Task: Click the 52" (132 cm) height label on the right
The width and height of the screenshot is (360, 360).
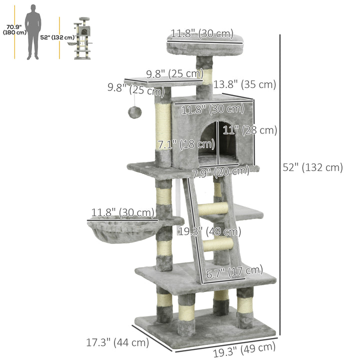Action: [313, 167]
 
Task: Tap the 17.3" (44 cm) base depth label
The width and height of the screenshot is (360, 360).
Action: [117, 342]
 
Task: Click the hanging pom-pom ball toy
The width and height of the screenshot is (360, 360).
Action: [134, 112]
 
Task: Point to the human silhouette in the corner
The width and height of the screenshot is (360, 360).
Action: [33, 31]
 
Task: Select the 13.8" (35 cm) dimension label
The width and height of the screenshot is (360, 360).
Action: [245, 84]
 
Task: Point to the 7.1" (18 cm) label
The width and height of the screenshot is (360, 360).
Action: [186, 145]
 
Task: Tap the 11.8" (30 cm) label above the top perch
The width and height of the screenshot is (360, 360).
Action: [202, 34]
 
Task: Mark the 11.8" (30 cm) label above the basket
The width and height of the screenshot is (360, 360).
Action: [122, 213]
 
